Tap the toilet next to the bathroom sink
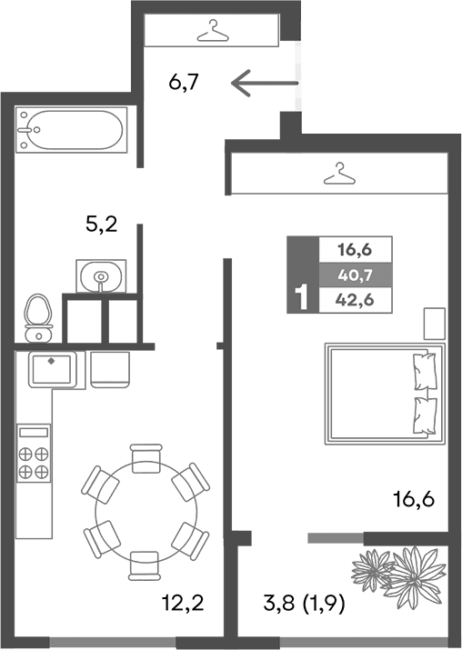37,314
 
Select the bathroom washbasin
101,275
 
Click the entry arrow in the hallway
264,85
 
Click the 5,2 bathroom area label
101,225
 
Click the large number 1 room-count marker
301,299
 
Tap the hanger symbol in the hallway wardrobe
212,31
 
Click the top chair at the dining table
146,459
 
